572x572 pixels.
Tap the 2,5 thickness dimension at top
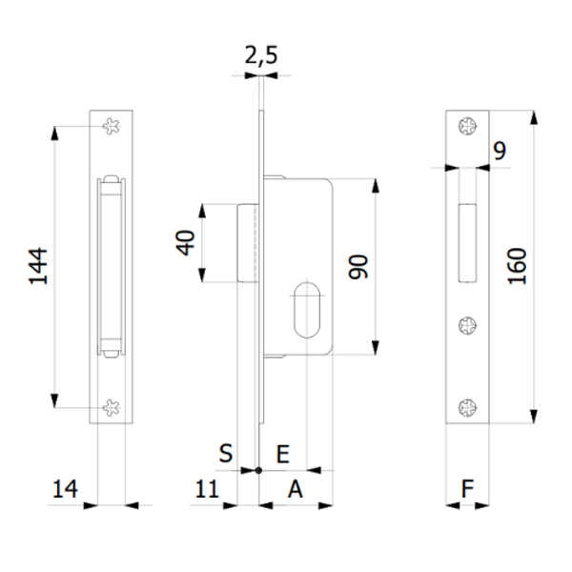(x=260, y=58)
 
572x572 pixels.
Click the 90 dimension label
(x=358, y=267)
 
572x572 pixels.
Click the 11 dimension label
(x=206, y=489)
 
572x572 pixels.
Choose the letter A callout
(x=296, y=489)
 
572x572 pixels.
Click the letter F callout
(x=467, y=489)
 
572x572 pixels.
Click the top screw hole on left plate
(x=111, y=125)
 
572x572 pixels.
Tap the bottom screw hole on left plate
(x=111, y=407)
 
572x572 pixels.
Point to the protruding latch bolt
(x=247, y=242)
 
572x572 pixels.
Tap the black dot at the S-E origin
(x=259, y=470)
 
